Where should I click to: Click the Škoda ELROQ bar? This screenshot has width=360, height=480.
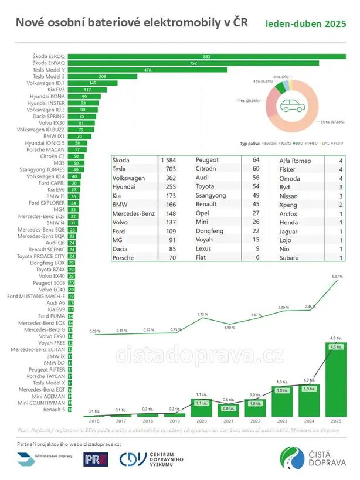click(205, 56)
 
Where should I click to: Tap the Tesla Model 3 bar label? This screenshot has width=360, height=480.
click(49, 76)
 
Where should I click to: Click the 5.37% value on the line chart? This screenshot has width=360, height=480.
click(336, 277)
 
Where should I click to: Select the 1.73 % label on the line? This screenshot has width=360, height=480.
click(201, 315)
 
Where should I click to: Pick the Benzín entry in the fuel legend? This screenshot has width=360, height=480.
click(270, 142)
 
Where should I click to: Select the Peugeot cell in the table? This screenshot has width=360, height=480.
click(206, 160)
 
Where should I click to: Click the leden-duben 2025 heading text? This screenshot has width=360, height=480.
click(305, 24)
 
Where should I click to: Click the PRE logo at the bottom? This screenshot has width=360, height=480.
click(96, 459)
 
